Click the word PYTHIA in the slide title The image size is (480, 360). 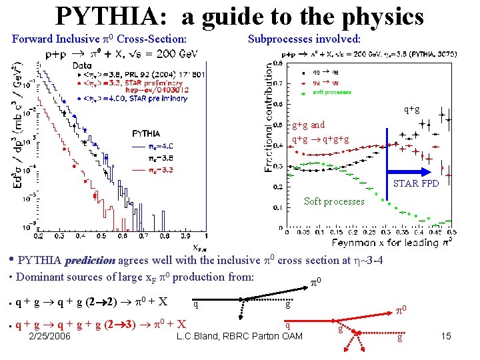coord(107,15)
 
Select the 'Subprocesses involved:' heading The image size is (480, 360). coord(305,39)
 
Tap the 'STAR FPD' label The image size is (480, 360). coord(416,183)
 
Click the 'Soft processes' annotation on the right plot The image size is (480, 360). coord(334,201)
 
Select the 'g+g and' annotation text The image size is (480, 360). coord(309,125)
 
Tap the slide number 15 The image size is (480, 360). coord(446,336)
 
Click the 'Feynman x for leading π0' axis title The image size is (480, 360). coord(394,243)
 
